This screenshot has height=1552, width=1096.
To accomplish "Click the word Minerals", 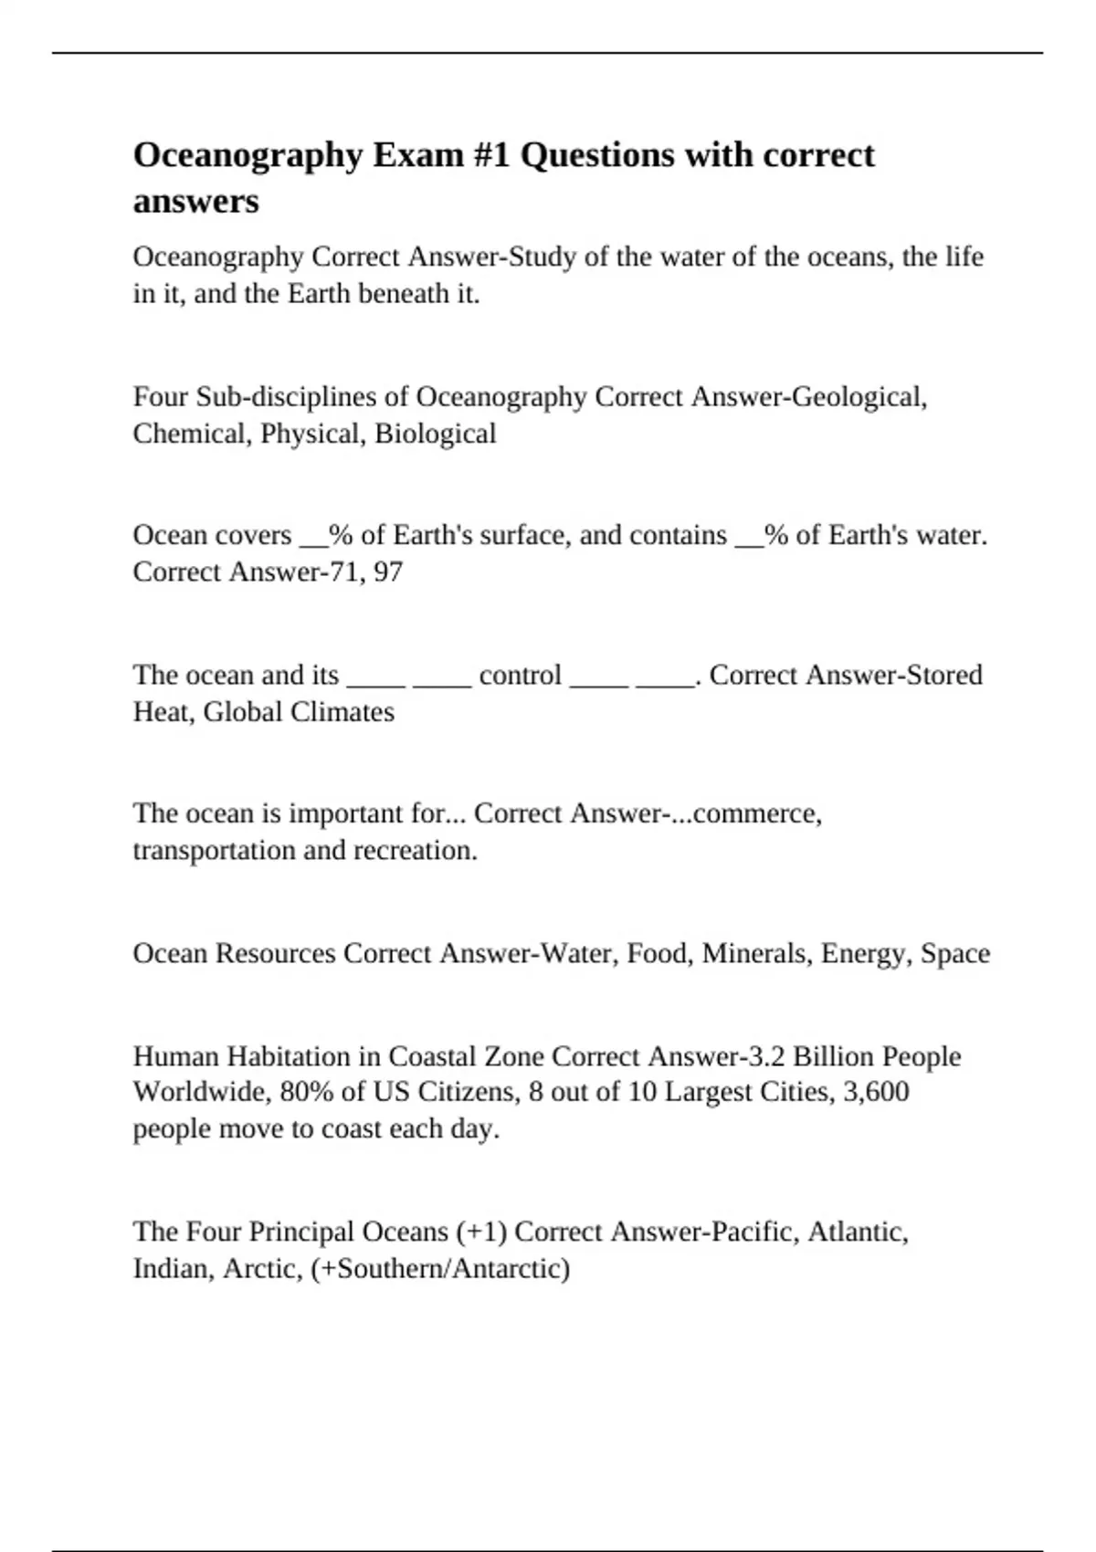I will coord(756,954).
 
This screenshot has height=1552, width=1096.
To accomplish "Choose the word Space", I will coord(955,954).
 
